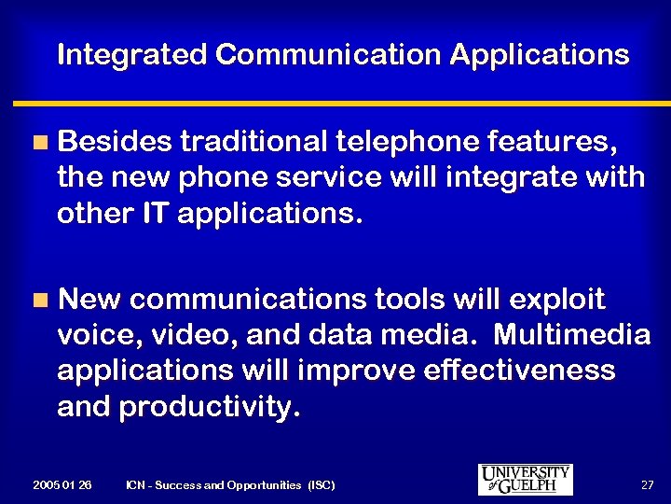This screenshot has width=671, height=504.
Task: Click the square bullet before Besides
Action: click(x=38, y=143)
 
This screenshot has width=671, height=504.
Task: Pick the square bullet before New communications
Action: click(x=38, y=300)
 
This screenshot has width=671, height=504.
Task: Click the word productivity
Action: click(x=211, y=406)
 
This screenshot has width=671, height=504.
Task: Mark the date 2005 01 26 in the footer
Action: click(x=62, y=485)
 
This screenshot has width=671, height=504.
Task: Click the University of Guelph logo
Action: click(x=526, y=479)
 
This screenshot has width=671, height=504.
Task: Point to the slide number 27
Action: click(x=647, y=485)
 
